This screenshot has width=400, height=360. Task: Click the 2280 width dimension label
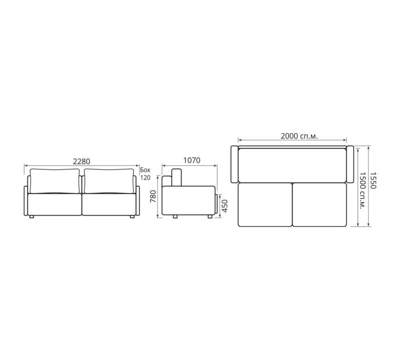(x=81, y=161)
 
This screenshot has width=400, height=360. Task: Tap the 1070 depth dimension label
(x=192, y=160)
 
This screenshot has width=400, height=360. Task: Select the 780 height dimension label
(x=153, y=196)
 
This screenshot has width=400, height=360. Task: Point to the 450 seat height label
(x=224, y=205)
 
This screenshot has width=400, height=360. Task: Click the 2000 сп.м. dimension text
(x=299, y=136)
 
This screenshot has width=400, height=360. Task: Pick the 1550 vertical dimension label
(x=373, y=180)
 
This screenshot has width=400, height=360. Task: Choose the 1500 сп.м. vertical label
(x=362, y=190)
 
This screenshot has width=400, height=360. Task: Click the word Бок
(x=145, y=170)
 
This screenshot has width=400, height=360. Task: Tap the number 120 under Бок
(x=145, y=178)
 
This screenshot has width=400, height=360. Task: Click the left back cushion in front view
(x=54, y=181)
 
